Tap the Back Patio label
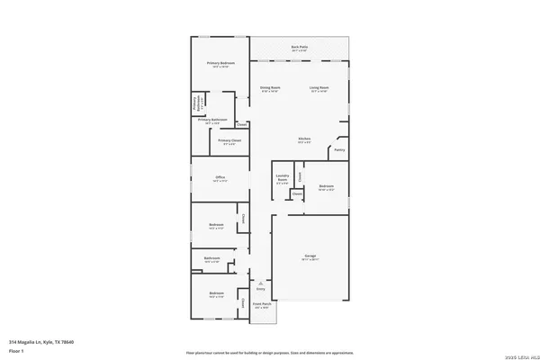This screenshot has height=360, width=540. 299,49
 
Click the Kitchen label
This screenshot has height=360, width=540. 305,139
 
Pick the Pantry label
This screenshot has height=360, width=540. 339,149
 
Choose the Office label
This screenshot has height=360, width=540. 220,178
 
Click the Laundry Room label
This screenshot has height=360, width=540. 282,181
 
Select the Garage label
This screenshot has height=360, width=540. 310,257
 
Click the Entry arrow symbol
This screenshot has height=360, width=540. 261,283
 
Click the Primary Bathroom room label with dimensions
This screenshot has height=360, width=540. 215,120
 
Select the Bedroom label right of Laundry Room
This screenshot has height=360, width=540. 326,188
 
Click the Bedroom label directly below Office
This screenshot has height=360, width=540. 217,226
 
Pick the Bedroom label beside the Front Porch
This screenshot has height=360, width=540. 217,294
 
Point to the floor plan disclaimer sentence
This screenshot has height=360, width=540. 269,351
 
